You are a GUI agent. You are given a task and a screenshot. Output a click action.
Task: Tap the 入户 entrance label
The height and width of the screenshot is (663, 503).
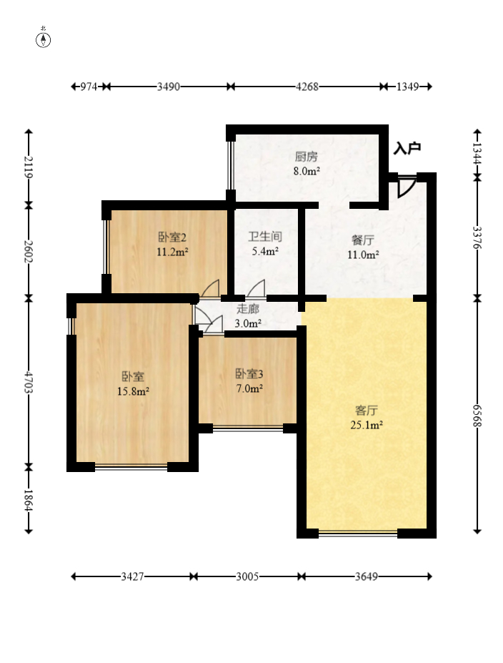tap(407, 149)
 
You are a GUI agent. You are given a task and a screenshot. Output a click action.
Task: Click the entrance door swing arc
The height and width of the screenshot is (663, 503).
tap(407, 188)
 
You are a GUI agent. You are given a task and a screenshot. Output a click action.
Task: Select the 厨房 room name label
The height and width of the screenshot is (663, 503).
tap(307, 157)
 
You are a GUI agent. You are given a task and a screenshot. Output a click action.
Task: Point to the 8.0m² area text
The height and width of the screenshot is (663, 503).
tap(307, 171)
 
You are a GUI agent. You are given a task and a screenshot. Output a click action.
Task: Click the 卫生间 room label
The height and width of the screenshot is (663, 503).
tap(265, 236)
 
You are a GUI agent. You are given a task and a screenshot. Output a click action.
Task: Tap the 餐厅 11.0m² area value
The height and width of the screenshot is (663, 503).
tap(363, 255)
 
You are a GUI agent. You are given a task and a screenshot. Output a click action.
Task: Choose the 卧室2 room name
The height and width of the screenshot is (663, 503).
tap(172, 237)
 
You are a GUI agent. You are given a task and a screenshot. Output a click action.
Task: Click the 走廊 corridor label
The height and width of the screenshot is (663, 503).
tap(248, 309)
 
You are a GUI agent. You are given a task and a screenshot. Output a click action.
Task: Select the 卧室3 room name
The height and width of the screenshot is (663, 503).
tap(249, 374)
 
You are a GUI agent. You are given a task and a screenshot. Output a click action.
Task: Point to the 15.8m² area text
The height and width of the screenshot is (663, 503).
tap(133, 391)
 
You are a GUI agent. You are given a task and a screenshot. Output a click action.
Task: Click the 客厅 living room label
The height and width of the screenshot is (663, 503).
tap(366, 411)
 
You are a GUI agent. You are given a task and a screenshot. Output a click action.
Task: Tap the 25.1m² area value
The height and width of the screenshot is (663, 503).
tap(367, 425)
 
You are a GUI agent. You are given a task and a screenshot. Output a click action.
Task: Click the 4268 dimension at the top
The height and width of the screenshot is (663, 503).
tap(307, 87)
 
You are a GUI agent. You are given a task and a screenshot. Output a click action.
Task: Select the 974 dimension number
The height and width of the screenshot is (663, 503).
tap(89, 87)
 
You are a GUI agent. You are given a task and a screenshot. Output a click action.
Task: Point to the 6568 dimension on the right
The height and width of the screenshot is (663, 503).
tap(477, 416)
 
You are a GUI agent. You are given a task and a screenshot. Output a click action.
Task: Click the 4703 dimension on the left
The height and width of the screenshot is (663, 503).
tap(29, 383)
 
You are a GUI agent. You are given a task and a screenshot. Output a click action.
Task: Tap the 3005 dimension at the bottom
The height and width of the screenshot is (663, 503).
tap(247, 576)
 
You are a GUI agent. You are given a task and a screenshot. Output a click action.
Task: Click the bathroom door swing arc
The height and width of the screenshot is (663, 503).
tap(256, 288)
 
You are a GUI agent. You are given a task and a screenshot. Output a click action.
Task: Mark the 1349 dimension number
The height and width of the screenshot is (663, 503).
tap(407, 87)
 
